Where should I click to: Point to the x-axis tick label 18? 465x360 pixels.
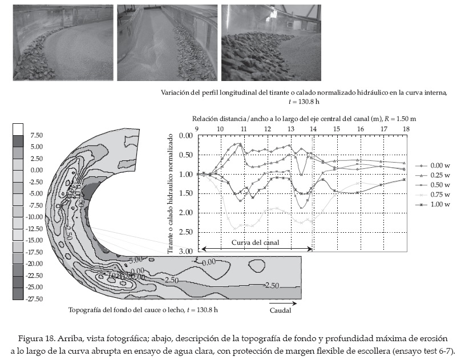(x=405, y=130)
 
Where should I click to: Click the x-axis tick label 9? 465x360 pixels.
(x=197, y=130)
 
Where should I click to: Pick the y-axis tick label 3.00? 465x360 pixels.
(x=186, y=252)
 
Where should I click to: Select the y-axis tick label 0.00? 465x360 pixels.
(x=186, y=136)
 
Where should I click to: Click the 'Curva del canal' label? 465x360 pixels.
(x=256, y=242)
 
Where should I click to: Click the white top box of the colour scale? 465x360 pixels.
(x=18, y=128)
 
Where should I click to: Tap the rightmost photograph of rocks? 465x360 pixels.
(x=271, y=43)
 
